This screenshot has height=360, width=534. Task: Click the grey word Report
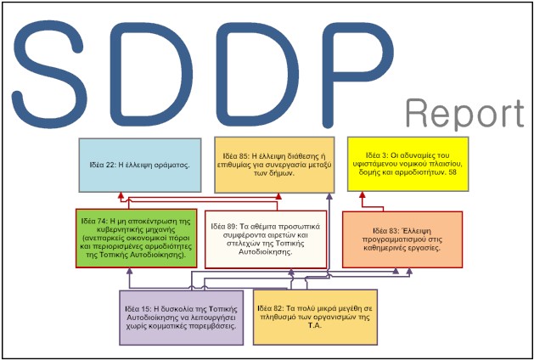coord(464,113)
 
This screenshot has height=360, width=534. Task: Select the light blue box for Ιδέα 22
coord(139,160)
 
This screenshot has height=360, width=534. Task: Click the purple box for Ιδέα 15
coord(181,315)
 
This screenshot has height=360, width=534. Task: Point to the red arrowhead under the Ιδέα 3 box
coord(363,194)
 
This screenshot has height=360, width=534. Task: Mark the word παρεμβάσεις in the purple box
coord(213,325)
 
